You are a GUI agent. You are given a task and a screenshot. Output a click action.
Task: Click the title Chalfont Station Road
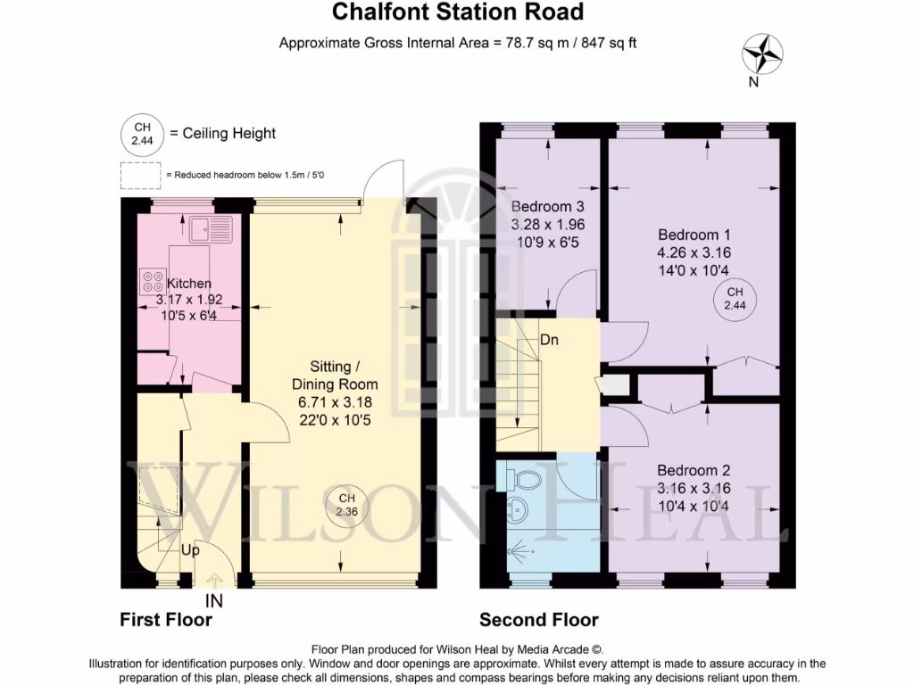pos(457,12)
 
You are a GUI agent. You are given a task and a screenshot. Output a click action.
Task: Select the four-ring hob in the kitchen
pos(151,282)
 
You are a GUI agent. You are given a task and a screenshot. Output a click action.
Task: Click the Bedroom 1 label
pos(694,235)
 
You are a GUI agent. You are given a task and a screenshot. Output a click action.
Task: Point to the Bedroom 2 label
pos(694,471)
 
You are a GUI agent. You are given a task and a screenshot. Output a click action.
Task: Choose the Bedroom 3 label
pos(547,206)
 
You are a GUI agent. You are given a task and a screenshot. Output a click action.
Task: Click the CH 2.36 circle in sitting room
pos(346,505)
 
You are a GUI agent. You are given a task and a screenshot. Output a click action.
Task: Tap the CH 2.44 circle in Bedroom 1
pos(735,300)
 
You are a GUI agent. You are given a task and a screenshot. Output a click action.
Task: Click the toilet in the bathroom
pos(526,480)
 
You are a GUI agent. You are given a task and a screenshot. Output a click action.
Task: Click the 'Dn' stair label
pos(550,340)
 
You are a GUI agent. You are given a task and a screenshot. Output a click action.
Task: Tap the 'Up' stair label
pos(190,550)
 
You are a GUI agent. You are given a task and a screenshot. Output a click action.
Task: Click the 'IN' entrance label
pos(214,600)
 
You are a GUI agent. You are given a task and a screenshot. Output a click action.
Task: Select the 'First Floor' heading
pos(166,620)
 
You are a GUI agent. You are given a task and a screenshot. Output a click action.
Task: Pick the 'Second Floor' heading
pos(539,620)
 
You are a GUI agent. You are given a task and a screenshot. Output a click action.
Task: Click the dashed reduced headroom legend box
pos(140,176)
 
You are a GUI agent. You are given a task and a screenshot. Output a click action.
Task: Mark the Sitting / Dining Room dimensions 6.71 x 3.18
pos(338,402)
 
